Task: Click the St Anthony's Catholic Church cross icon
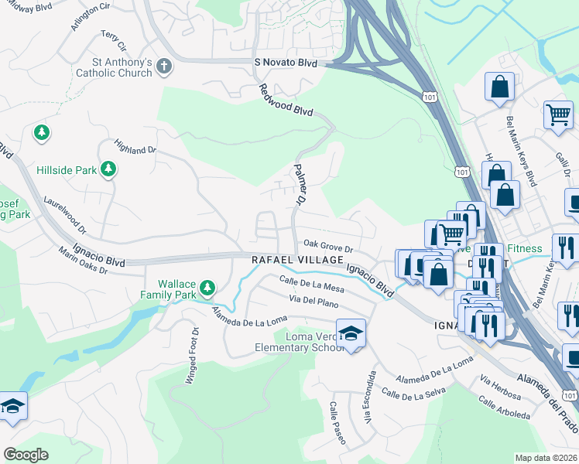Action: pyautogui.click(x=163, y=67)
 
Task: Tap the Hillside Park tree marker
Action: pyautogui.click(x=108, y=169)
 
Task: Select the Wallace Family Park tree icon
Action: pyautogui.click(x=207, y=288)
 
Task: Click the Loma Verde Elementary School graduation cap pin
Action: pyautogui.click(x=351, y=333)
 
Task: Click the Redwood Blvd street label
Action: pyautogui.click(x=286, y=100)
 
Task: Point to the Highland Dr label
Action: pyautogui.click(x=135, y=145)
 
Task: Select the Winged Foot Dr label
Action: pyautogui.click(x=191, y=355)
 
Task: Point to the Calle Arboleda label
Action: pyautogui.click(x=504, y=409)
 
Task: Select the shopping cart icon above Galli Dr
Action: pyautogui.click(x=557, y=114)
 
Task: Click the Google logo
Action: pyautogui.click(x=26, y=454)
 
